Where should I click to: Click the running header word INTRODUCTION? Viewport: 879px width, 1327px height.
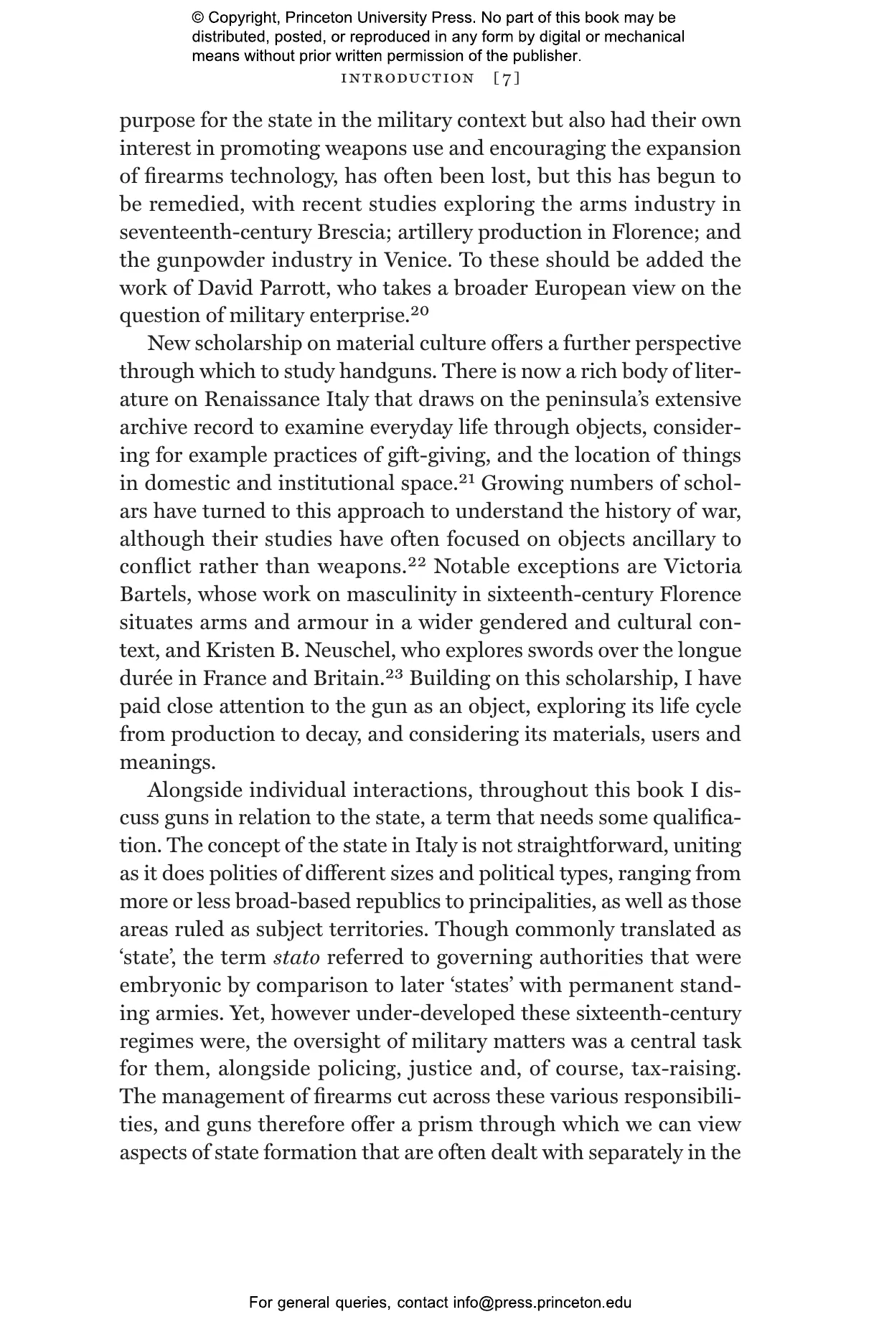coord(408,78)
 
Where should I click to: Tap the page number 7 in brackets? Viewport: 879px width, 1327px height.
coord(507,78)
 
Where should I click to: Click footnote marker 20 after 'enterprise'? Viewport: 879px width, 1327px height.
coord(420,311)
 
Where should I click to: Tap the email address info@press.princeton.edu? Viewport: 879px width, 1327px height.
coord(542,1303)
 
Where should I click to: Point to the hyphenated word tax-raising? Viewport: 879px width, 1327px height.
coord(685,1069)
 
